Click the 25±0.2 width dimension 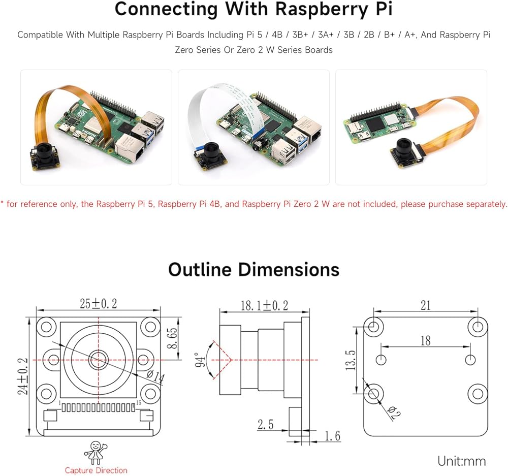pos(99,304)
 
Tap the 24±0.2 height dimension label pos(23,376)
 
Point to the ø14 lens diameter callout pos(156,377)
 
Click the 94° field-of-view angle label pos(200,360)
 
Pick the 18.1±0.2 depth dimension pos(264,305)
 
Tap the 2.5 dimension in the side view pos(266,424)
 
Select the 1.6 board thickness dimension pos(333,436)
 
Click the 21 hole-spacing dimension pos(426,305)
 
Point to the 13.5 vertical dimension pos(351,360)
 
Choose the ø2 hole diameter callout pos(394,413)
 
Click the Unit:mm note pos(462,461)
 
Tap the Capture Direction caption pos(96,470)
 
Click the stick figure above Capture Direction pos(96,452)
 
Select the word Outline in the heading pos(200,269)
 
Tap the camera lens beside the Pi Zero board pos(405,147)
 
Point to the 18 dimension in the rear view pos(425,340)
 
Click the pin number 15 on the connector pos(139,402)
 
